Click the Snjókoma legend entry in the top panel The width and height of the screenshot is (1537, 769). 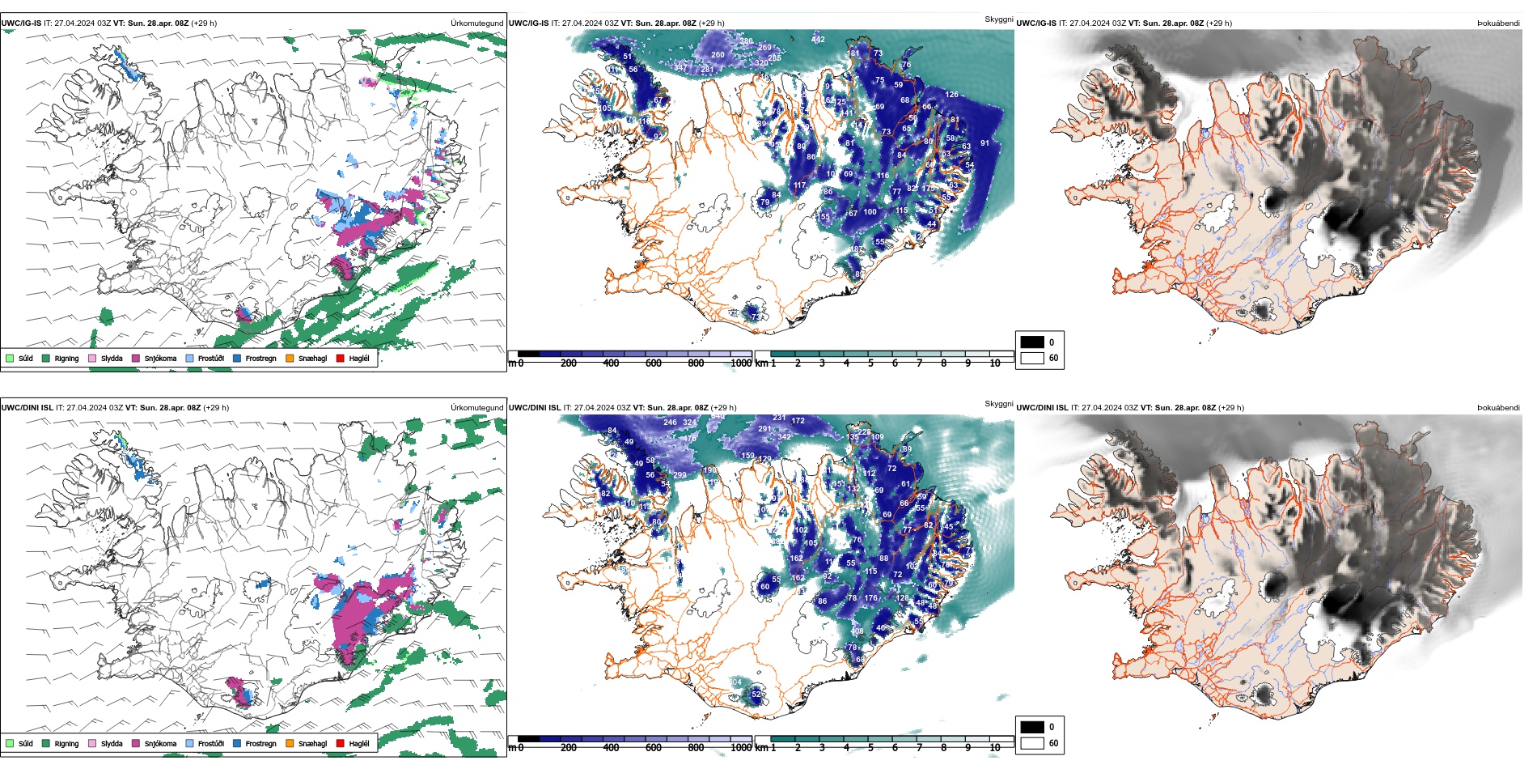click(x=159, y=358)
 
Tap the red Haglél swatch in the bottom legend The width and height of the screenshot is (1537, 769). click(x=341, y=743)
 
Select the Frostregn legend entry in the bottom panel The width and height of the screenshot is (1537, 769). click(x=260, y=743)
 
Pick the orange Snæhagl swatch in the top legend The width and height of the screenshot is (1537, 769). click(x=290, y=358)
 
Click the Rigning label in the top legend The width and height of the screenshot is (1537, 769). click(x=66, y=358)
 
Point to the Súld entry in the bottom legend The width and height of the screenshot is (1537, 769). click(x=25, y=743)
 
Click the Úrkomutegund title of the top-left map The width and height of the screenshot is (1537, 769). click(x=476, y=23)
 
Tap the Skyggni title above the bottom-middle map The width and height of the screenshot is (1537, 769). click(x=998, y=403)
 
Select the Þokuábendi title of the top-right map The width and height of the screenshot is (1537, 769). click(x=1498, y=23)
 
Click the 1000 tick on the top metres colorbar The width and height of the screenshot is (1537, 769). click(x=741, y=363)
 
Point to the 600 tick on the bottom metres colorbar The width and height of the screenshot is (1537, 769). click(x=654, y=748)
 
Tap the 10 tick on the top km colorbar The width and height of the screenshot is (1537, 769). click(x=995, y=363)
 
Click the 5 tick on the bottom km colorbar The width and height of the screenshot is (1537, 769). click(x=870, y=748)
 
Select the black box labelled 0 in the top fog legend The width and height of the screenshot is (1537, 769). click(x=1032, y=342)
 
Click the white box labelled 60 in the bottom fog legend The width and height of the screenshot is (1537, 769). click(x=1032, y=743)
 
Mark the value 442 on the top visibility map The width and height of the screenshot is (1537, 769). click(x=818, y=39)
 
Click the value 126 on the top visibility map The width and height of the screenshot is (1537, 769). click(x=951, y=95)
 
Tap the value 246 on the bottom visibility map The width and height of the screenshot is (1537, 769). click(x=670, y=422)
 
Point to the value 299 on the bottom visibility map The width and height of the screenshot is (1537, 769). click(x=680, y=475)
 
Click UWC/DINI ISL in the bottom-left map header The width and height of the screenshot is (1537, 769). click(x=27, y=408)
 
